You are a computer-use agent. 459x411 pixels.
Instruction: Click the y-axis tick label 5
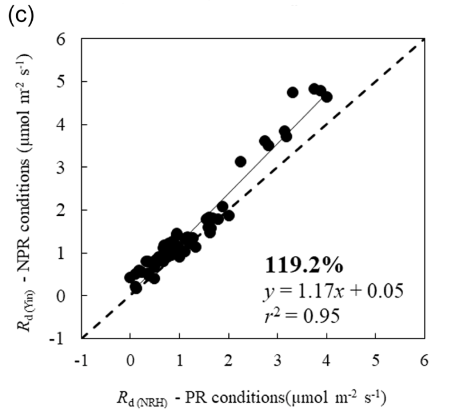67,82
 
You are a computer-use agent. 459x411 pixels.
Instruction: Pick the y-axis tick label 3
67,167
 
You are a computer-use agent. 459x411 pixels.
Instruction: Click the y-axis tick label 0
67,295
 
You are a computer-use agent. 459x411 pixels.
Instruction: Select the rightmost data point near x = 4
326,97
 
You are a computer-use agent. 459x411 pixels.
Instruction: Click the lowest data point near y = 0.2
136,288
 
